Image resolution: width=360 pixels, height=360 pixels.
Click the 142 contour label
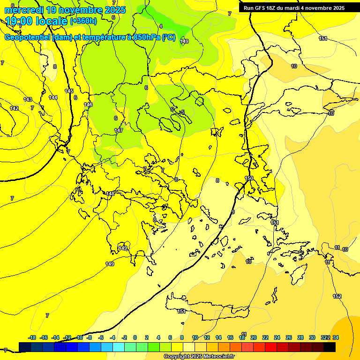(x=15, y=108)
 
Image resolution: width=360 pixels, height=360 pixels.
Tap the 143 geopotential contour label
(x=28, y=99)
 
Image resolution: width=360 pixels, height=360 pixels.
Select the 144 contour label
(x=53, y=97)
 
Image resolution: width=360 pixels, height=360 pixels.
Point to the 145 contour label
(x=69, y=91)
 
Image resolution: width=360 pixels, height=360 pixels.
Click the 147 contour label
(x=119, y=130)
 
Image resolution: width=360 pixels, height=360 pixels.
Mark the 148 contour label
(x=110, y=194)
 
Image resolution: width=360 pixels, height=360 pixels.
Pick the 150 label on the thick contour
(x=249, y=178)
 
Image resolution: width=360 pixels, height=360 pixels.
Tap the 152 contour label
(x=337, y=296)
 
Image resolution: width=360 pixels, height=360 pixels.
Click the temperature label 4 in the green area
(x=161, y=26)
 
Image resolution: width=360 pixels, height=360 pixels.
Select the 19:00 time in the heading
(x=22, y=21)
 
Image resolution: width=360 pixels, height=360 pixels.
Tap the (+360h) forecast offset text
(x=83, y=21)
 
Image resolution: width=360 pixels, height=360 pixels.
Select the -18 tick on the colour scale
(x=32, y=337)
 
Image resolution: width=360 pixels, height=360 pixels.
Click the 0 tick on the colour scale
(x=135, y=337)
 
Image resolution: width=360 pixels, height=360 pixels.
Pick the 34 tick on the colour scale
(x=336, y=337)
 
